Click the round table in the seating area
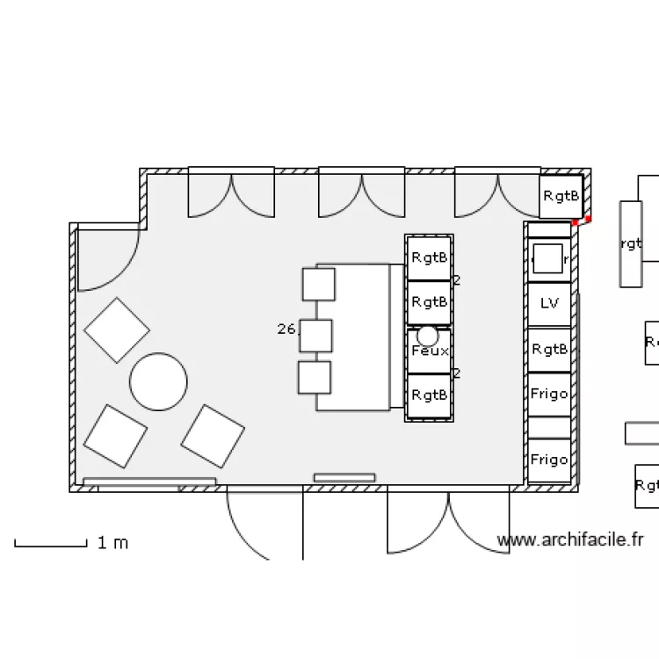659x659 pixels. pyautogui.click(x=158, y=381)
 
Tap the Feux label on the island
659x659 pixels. pyautogui.click(x=429, y=351)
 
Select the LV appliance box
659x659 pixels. pyautogui.click(x=549, y=304)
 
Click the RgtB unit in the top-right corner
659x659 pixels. pyautogui.click(x=561, y=197)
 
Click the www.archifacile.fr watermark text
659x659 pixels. pyautogui.click(x=570, y=540)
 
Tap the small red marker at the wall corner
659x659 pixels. pyautogui.click(x=588, y=219)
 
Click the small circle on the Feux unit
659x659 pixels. pyautogui.click(x=427, y=335)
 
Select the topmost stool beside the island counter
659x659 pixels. pyautogui.click(x=318, y=284)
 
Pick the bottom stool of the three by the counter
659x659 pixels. pyautogui.click(x=315, y=377)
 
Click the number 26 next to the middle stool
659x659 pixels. pyautogui.click(x=286, y=329)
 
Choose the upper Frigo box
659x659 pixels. pyautogui.click(x=549, y=394)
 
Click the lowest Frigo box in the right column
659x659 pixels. pyautogui.click(x=549, y=460)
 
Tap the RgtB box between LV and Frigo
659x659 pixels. pyautogui.click(x=549, y=349)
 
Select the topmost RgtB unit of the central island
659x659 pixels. pyautogui.click(x=429, y=257)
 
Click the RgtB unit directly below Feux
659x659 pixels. pyautogui.click(x=429, y=395)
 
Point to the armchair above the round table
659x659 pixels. pyautogui.click(x=117, y=330)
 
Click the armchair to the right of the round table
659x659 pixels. pyautogui.click(x=213, y=436)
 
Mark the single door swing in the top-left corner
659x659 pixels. pyautogui.click(x=107, y=257)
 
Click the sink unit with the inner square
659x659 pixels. pyautogui.click(x=548, y=259)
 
